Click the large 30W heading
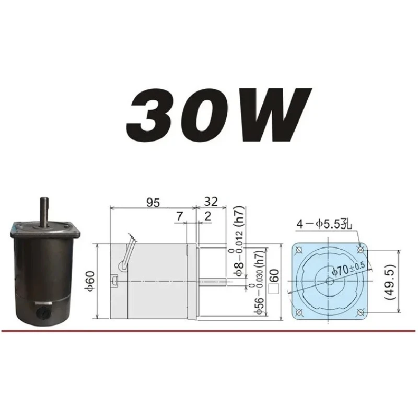tap(218, 114)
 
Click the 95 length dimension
tap(153, 203)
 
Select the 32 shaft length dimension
tap(211, 202)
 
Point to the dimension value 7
tap(180, 216)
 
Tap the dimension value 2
tap(207, 216)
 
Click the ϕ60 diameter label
tap(90, 281)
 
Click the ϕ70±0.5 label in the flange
tap(348, 269)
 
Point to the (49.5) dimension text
tap(390, 282)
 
